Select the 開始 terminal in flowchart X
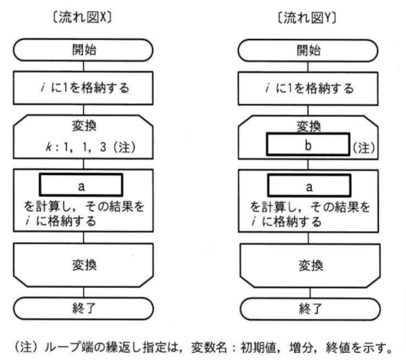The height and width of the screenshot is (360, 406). pos(83,50)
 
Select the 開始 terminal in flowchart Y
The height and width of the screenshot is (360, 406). pos(308,50)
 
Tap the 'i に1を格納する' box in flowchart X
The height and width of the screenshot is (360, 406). pos(83,86)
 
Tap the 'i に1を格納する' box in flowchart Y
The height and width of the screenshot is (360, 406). pos(308,86)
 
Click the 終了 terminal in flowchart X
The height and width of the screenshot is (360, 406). pos(83,307)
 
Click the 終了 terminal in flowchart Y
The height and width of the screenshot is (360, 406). pos(308,307)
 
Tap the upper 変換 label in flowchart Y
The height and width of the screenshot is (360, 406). pos(308,124)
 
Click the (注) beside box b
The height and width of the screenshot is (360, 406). pos(363,147)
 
